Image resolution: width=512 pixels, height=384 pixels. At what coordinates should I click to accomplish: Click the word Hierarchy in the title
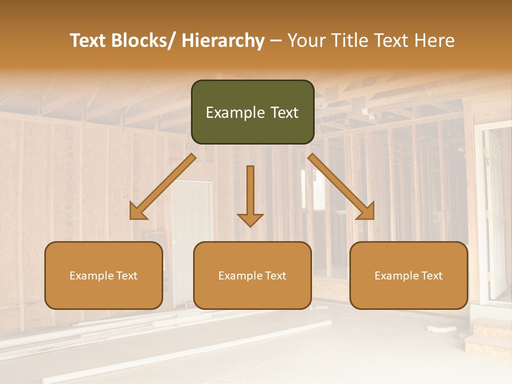223,41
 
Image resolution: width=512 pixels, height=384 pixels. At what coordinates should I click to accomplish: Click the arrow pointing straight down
250,197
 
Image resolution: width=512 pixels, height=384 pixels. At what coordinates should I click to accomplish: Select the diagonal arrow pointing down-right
341,187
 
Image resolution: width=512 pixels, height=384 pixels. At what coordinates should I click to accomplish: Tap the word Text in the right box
432,276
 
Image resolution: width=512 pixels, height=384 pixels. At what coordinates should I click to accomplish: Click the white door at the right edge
495,213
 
